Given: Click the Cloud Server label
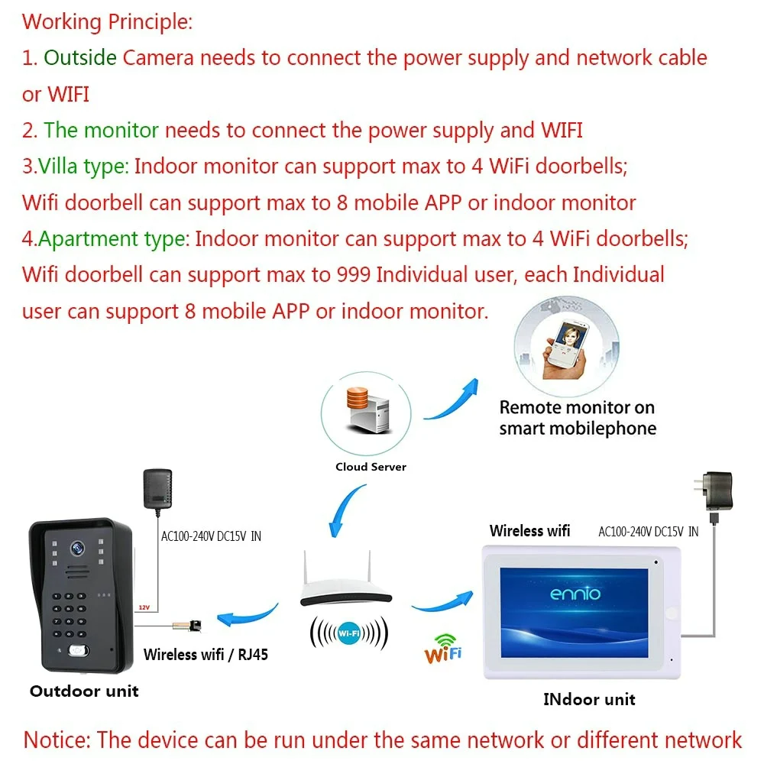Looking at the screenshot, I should pos(371,467).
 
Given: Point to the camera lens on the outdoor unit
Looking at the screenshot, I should pos(76,548).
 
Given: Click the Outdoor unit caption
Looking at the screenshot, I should pos(84,691).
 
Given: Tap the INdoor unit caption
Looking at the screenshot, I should pos(589,699).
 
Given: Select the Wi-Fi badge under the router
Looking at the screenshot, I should pos(349,633).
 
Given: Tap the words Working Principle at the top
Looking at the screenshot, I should pos(107,21).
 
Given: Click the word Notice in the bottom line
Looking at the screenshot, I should pos(56,740).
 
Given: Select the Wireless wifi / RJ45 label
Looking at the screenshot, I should pos(206,655).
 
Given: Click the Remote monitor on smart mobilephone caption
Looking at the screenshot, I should pos(578,418).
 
